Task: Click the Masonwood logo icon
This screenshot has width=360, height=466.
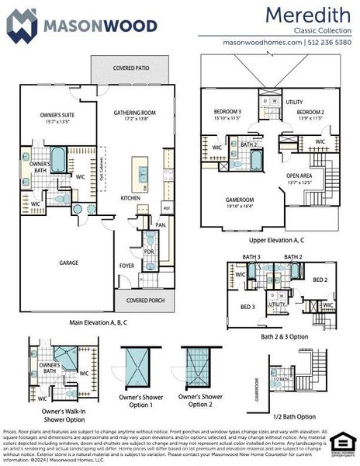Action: pyautogui.click(x=21, y=25)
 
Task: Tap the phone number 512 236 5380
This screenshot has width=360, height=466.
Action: pyautogui.click(x=330, y=42)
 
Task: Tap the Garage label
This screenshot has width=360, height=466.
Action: pyautogui.click(x=69, y=263)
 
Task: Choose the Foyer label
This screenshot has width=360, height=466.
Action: pyautogui.click(x=126, y=265)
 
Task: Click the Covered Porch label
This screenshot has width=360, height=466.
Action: pyautogui.click(x=144, y=299)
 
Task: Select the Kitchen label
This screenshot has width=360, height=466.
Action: pyautogui.click(x=130, y=197)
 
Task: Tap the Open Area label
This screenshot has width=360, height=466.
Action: pyautogui.click(x=299, y=178)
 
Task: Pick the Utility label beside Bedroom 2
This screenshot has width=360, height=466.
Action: pyautogui.click(x=294, y=102)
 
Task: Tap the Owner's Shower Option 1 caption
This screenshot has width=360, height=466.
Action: pyautogui.click(x=140, y=402)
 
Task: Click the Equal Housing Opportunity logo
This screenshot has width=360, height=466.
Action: pyautogui.click(x=342, y=443)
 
